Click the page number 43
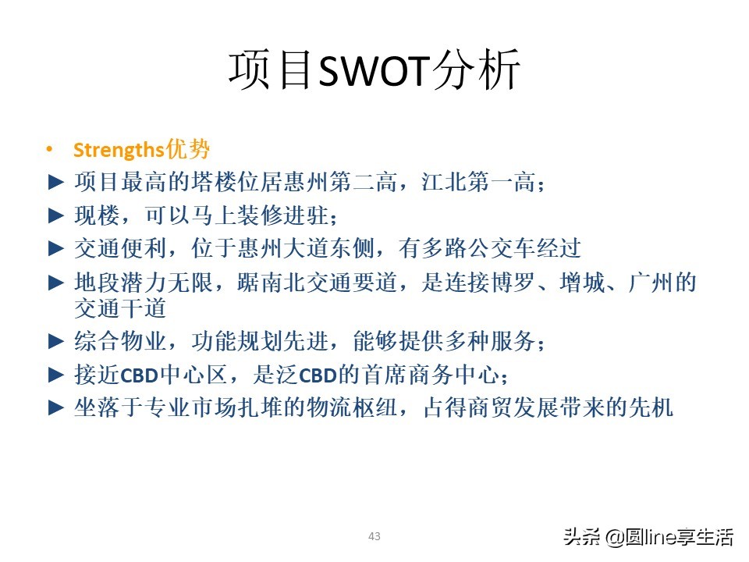click(374, 536)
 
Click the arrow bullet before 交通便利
click(55, 249)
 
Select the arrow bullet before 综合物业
click(55, 341)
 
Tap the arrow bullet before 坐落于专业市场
click(55, 407)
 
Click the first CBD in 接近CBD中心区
click(140, 375)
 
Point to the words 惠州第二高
click(367, 183)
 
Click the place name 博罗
click(521, 283)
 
